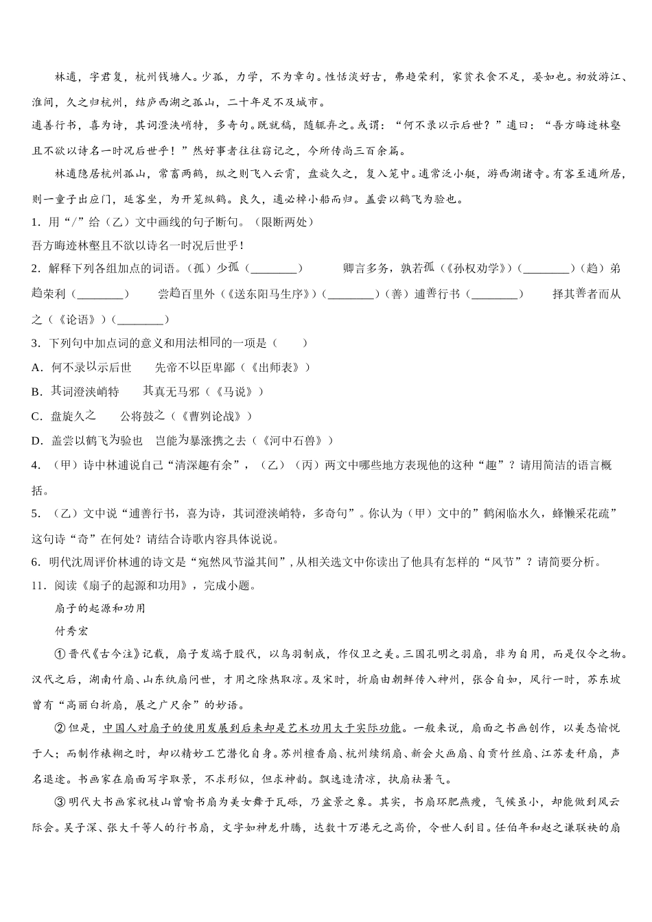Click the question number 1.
click(x=35, y=222)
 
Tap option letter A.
click(x=37, y=368)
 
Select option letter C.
click(x=37, y=416)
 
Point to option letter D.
click(x=37, y=440)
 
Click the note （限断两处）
click(x=282, y=222)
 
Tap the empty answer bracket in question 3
click(x=290, y=343)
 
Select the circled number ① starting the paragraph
click(x=60, y=655)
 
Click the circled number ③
click(x=60, y=802)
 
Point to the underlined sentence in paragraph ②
click(x=252, y=729)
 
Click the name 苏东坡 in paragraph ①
click(x=605, y=680)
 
